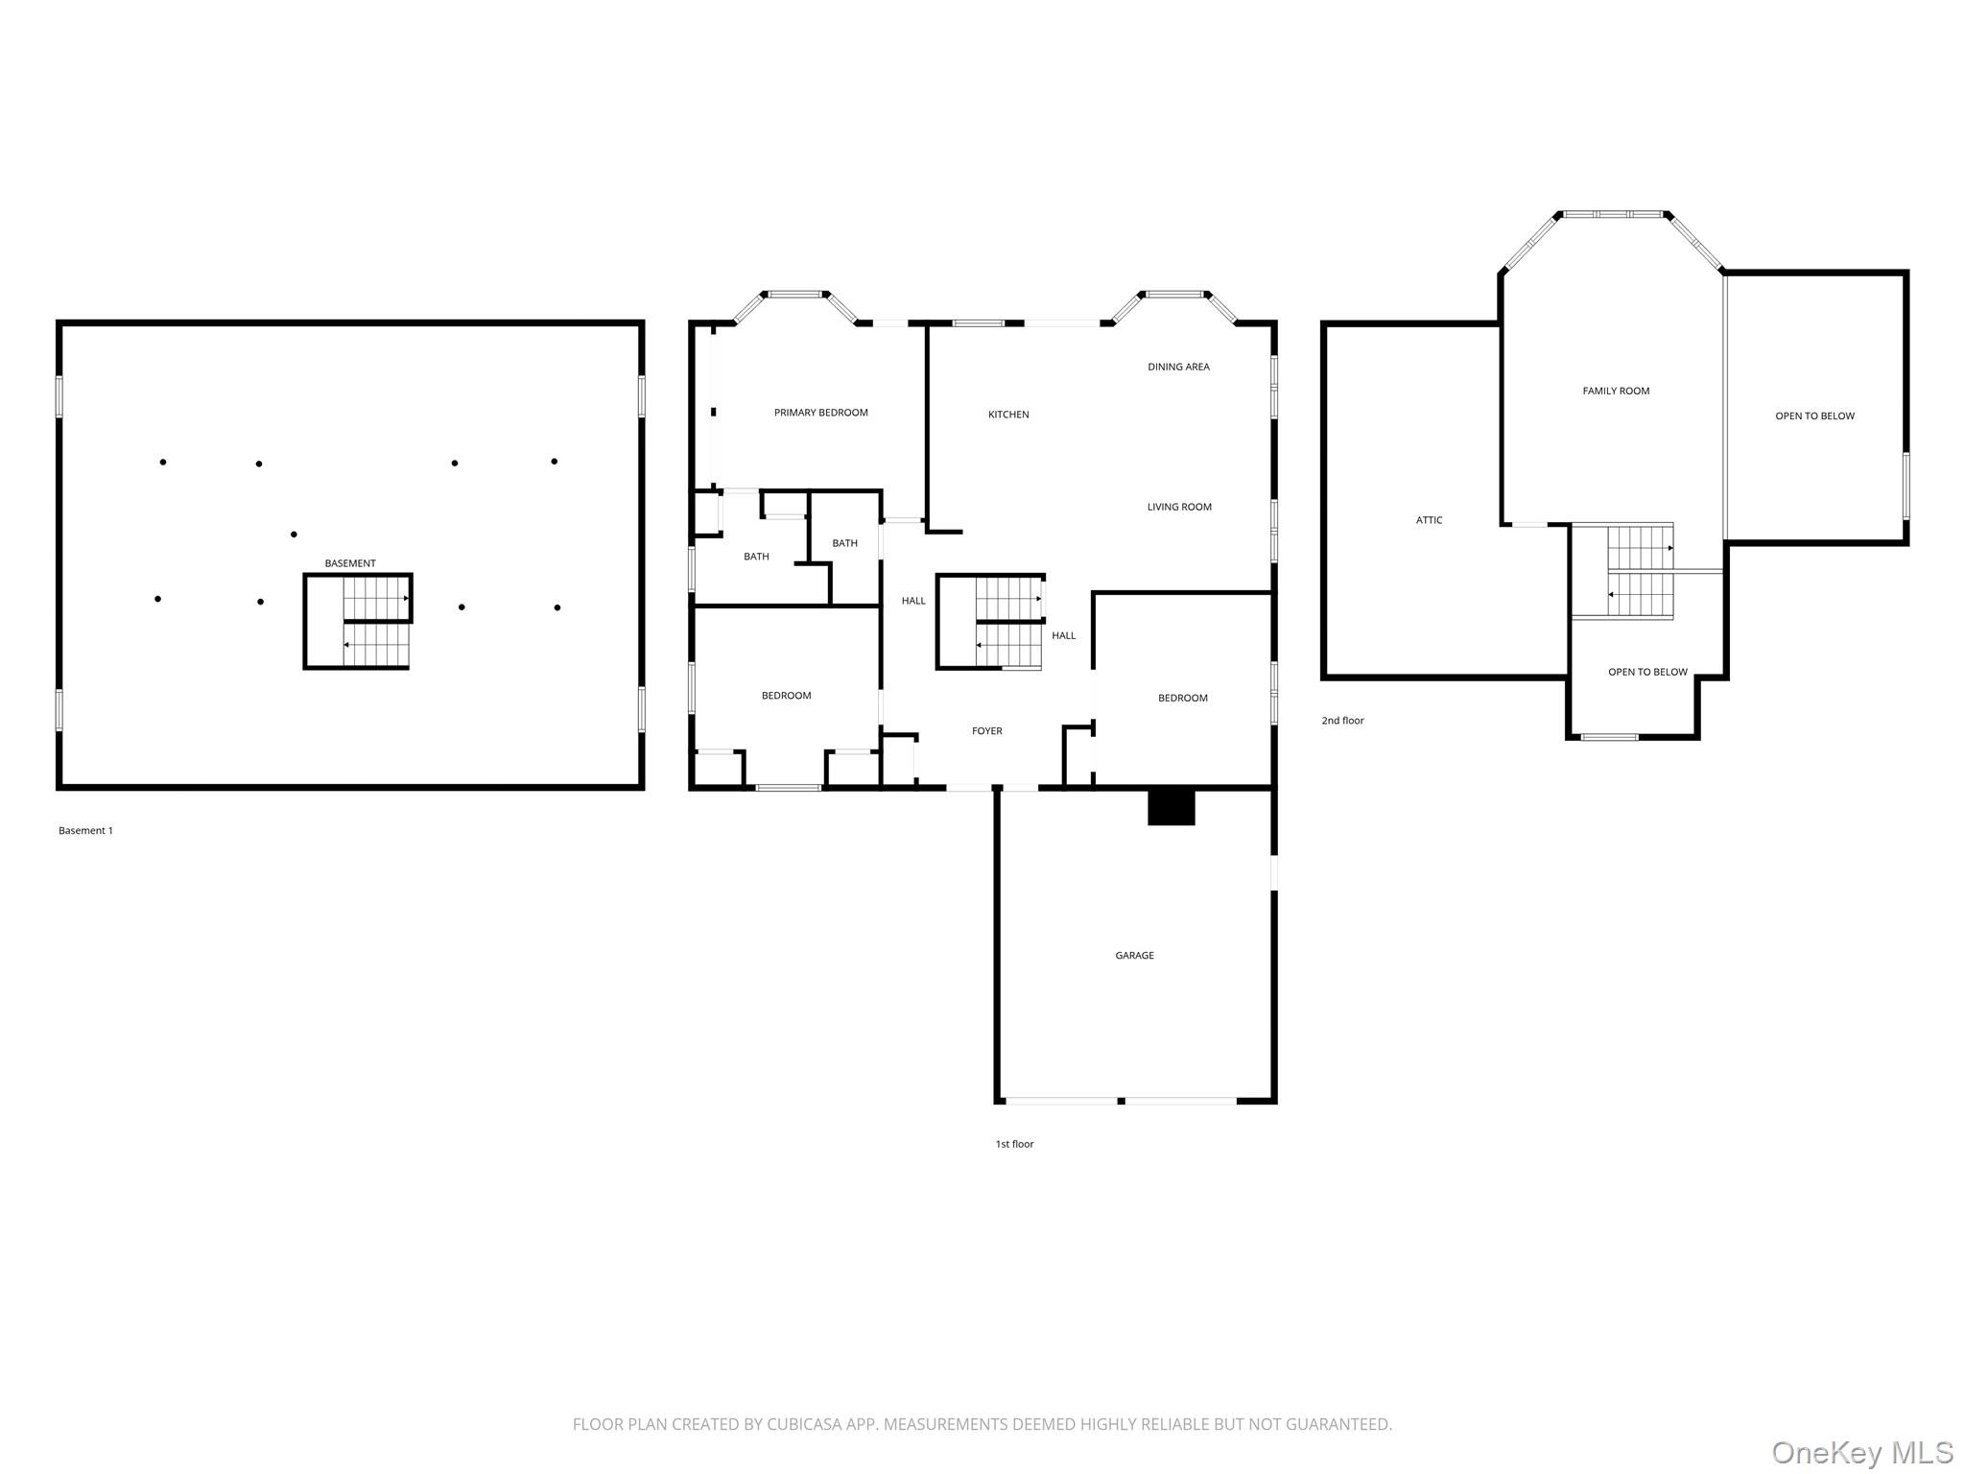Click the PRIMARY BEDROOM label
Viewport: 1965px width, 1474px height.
(820, 413)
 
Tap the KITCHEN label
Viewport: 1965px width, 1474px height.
(1008, 415)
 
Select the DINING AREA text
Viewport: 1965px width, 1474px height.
(1178, 367)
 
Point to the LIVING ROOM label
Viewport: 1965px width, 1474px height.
(1179, 507)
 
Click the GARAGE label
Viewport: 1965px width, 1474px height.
(1134, 956)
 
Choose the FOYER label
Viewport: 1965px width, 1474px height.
(986, 731)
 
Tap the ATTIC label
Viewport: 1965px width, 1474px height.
(1429, 520)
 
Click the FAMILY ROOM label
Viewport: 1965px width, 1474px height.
(1616, 391)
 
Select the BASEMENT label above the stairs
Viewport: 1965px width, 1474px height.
(350, 563)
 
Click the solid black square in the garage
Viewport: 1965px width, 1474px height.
(1172, 807)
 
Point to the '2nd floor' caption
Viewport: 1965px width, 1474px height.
(1342, 721)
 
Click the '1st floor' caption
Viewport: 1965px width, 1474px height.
(1014, 1144)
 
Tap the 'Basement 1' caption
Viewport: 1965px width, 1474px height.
(85, 831)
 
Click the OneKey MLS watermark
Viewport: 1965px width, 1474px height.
(1861, 1452)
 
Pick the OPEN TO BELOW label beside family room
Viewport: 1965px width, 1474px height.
(1814, 416)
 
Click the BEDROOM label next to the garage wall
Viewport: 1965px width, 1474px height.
(1182, 699)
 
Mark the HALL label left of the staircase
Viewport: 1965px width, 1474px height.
(913, 601)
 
